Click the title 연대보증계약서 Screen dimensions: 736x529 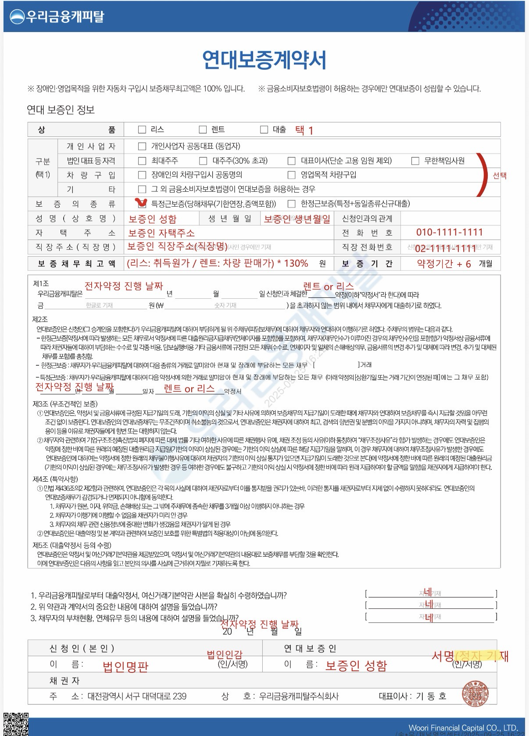264,60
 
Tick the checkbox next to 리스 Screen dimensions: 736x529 142,129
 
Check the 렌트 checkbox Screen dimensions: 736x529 203,129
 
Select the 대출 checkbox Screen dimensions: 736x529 264,129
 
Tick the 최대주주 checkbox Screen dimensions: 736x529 142,161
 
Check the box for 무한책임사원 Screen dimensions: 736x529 415,161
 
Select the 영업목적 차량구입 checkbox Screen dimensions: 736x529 291,175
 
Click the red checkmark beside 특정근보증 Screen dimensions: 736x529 141,203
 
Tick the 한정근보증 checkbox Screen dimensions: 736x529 291,204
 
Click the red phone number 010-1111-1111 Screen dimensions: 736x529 449,232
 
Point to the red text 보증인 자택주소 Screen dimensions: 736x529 161,233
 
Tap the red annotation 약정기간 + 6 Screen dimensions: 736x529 443,264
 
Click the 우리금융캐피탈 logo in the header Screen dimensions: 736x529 57,17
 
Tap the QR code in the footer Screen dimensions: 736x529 16,724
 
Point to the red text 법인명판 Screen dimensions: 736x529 125,667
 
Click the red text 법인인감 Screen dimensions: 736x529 225,655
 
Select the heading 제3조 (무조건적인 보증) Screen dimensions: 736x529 65,404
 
